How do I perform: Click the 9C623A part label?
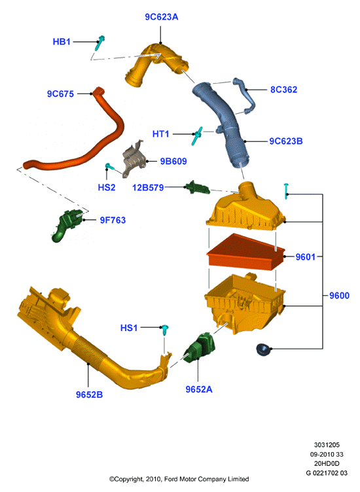point(161,17)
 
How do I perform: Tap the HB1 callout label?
point(62,42)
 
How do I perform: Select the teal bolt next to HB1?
point(99,43)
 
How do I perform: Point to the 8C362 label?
point(283,90)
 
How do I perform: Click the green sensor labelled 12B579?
point(198,188)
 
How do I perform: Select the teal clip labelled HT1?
point(197,136)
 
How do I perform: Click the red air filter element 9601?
point(245,252)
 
